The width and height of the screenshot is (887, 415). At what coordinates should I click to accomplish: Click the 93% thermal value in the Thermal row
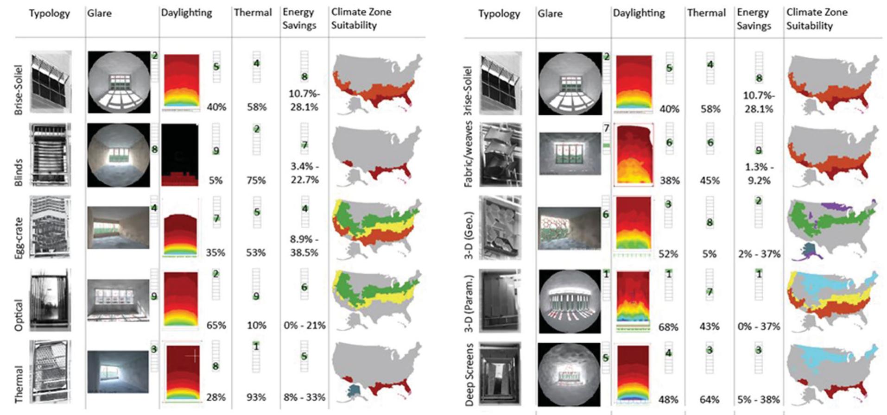256,397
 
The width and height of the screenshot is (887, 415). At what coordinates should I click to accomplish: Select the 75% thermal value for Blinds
256,180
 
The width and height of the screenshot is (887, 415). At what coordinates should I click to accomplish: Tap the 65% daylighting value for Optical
216,326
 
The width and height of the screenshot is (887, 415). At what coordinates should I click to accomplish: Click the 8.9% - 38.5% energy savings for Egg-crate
304,246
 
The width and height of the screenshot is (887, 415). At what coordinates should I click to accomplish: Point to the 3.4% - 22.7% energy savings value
304,173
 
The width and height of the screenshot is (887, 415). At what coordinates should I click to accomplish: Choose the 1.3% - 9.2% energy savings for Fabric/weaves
759,174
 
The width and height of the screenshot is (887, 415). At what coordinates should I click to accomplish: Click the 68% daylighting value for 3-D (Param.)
668,327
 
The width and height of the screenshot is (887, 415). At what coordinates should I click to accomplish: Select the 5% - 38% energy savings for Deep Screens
759,399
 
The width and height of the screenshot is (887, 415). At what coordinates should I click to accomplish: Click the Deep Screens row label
469,374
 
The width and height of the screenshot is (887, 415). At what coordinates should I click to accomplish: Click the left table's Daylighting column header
186,13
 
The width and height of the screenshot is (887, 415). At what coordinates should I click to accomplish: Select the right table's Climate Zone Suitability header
817,19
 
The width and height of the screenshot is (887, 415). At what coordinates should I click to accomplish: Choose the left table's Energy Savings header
299,19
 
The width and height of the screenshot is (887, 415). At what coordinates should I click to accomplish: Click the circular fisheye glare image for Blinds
119,155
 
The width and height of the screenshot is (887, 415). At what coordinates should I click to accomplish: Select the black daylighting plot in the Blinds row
180,155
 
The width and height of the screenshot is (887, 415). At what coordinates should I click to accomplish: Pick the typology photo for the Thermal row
50,371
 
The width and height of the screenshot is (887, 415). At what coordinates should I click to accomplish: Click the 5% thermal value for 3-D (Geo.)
710,254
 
